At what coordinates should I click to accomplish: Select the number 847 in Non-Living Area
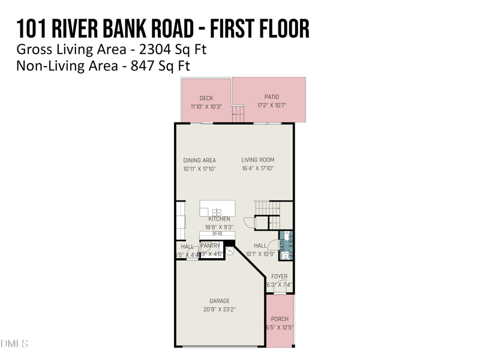(142, 65)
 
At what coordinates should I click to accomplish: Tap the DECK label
(206, 98)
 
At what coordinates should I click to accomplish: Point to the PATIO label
(271, 97)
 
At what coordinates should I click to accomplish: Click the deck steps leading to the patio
(238, 113)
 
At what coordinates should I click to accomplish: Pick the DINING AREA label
(199, 160)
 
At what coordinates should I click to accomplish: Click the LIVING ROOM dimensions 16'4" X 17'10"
(257, 169)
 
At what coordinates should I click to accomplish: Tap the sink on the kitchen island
(217, 211)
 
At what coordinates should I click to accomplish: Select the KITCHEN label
(219, 219)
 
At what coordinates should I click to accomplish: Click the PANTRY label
(210, 245)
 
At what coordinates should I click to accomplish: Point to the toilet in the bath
(287, 236)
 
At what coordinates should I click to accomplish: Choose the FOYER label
(280, 277)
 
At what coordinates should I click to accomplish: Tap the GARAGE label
(219, 301)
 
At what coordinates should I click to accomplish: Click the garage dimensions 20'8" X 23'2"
(219, 310)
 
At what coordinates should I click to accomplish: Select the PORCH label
(280, 319)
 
